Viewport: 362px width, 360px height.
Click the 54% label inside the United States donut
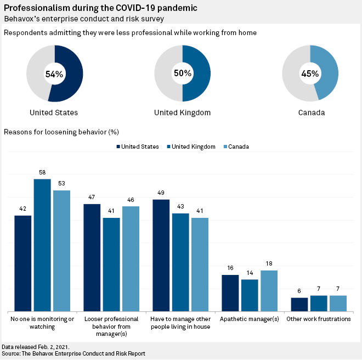click(x=54, y=74)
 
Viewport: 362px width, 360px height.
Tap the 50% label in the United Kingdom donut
click(x=182, y=73)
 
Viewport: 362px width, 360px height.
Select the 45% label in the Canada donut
click(x=310, y=74)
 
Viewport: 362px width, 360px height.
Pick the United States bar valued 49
click(x=161, y=255)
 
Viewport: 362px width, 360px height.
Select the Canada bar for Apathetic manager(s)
click(x=269, y=291)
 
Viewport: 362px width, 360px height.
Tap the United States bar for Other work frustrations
click(x=299, y=305)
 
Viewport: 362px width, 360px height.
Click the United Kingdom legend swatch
click(x=168, y=147)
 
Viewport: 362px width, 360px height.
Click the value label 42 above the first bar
click(x=22, y=209)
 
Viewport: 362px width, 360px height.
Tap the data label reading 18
click(x=269, y=264)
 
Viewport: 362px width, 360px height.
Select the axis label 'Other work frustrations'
click(x=319, y=319)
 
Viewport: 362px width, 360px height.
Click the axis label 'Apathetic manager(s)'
click(x=250, y=319)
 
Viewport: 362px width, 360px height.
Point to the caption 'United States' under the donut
click(x=54, y=113)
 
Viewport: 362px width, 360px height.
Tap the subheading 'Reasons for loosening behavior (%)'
click(x=61, y=132)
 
